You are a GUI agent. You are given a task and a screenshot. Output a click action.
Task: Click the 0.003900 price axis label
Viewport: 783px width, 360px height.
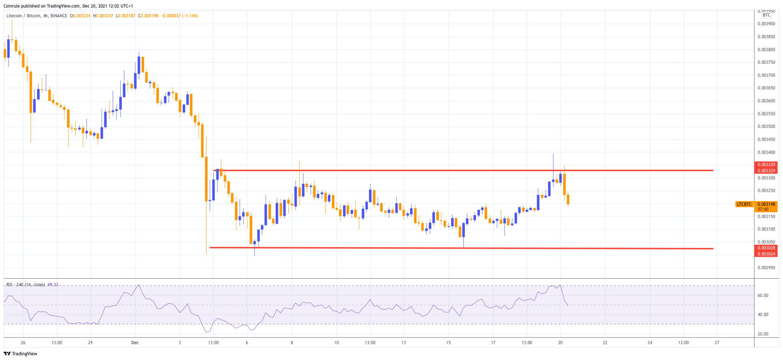point(766,24)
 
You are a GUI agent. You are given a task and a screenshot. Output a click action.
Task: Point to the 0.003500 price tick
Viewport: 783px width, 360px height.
point(766,126)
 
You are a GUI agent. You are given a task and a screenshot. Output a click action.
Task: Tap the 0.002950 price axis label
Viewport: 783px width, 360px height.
point(766,268)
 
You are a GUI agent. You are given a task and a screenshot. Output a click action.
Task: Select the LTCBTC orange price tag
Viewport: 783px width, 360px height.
point(744,204)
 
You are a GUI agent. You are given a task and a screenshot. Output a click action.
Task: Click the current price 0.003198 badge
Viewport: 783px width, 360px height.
point(766,204)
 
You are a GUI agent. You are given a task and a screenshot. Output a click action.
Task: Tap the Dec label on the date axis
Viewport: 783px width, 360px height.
point(135,343)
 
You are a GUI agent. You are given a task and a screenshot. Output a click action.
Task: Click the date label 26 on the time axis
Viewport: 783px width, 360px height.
point(23,343)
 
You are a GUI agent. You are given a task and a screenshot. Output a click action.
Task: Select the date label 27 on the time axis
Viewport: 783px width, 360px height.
point(717,343)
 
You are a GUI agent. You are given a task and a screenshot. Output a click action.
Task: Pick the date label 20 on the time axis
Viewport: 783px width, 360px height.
point(560,343)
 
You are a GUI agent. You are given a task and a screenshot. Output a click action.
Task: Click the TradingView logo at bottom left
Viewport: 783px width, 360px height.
point(21,354)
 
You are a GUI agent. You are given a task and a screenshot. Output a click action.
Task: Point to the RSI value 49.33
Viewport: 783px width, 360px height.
point(53,285)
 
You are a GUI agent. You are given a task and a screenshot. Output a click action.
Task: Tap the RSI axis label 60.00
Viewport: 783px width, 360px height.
point(763,295)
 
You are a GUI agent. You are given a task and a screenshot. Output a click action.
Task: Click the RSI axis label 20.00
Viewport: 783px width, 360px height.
point(763,334)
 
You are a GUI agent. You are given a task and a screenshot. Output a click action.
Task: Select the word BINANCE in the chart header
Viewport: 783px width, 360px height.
point(58,16)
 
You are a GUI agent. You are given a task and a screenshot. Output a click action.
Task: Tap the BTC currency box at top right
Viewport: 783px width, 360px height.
point(767,15)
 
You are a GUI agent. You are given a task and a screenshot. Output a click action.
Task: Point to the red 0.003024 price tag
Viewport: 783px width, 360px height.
point(766,254)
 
